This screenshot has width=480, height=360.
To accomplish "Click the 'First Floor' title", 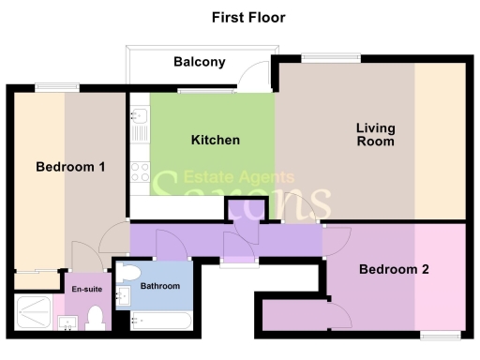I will tap(247, 17).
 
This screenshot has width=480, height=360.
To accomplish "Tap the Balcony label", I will tap(200, 63).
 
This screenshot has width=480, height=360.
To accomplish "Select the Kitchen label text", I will tap(216, 140).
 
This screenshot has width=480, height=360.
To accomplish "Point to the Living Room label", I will tap(374, 135).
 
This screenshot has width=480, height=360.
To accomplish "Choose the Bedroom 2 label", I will tap(394, 270).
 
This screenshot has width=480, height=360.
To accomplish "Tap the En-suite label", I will tap(86, 290).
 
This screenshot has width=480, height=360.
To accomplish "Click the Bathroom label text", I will tap(159, 285).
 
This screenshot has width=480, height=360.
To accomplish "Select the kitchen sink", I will tap(138, 122).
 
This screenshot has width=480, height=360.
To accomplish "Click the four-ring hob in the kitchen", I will tap(139, 171).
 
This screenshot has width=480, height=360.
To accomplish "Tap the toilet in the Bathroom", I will tap(128, 274).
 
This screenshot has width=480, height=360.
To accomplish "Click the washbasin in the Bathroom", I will tap(121, 298).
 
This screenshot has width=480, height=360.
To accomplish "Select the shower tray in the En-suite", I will tap(33, 311).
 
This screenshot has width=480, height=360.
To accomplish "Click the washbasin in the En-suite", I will tap(67, 324).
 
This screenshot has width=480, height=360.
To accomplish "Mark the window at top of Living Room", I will tap(331, 58).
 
